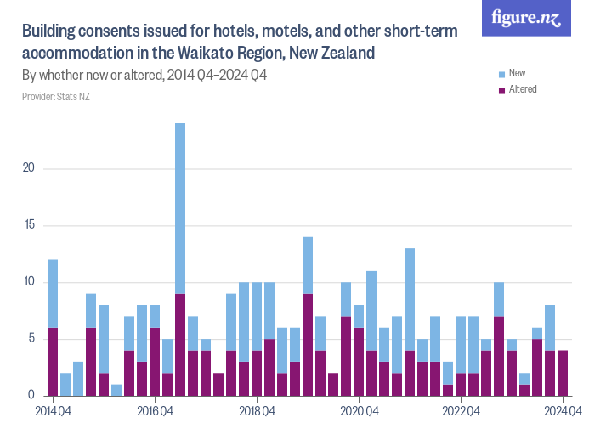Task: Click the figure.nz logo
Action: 526,18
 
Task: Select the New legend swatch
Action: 502,74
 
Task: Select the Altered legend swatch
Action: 502,89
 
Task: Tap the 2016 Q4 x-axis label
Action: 155,411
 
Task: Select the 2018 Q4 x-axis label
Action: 257,411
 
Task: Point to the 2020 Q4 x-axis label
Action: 359,411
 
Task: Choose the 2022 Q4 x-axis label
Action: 461,411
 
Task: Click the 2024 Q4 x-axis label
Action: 562,411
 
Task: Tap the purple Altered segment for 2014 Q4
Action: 53,361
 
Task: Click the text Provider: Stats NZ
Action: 56,97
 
